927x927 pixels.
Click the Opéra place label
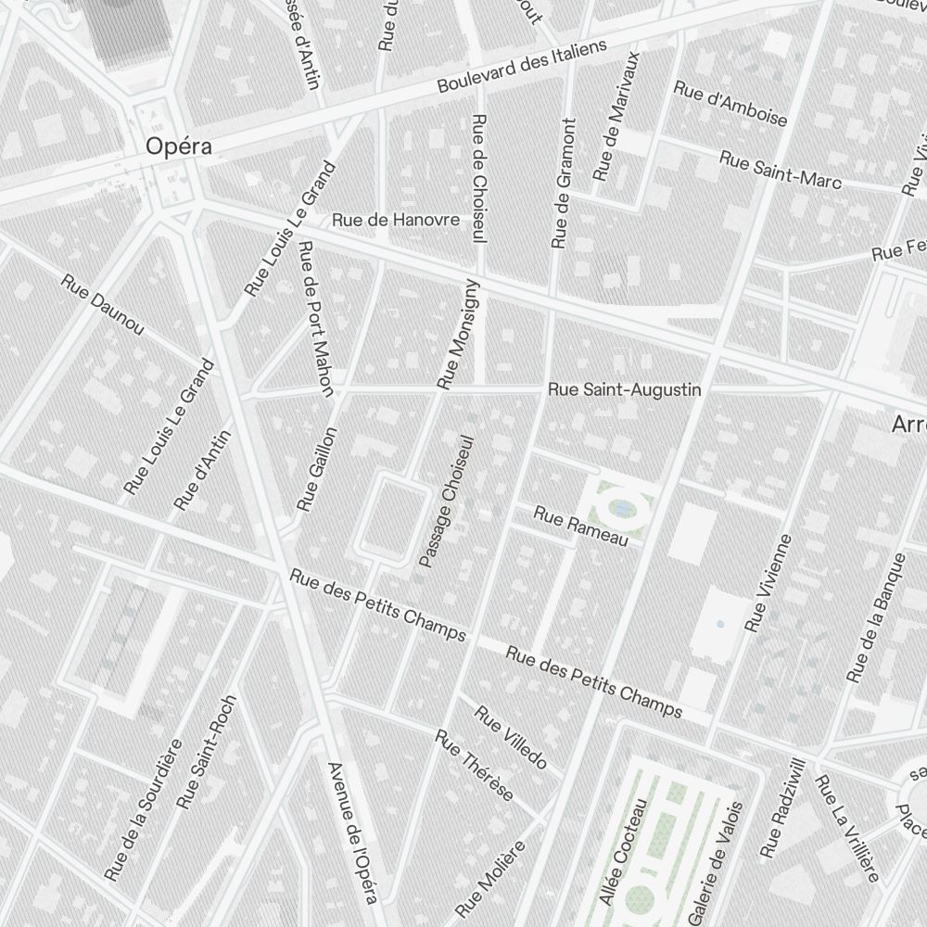(179, 146)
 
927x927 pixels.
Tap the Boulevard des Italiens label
(522, 66)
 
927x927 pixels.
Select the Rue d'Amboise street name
(730, 104)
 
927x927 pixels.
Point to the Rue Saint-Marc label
(780, 170)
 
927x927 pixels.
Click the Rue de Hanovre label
(396, 220)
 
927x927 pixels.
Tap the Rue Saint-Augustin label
(624, 390)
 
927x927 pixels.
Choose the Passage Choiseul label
(447, 501)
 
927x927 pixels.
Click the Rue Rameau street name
(581, 525)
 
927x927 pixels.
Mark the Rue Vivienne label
(769, 578)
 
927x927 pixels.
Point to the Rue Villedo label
(511, 737)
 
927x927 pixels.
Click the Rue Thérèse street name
(475, 766)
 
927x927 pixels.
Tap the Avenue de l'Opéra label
(353, 832)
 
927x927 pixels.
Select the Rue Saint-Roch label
(207, 751)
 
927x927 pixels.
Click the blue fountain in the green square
(622, 507)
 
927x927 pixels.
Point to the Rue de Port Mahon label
(316, 318)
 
